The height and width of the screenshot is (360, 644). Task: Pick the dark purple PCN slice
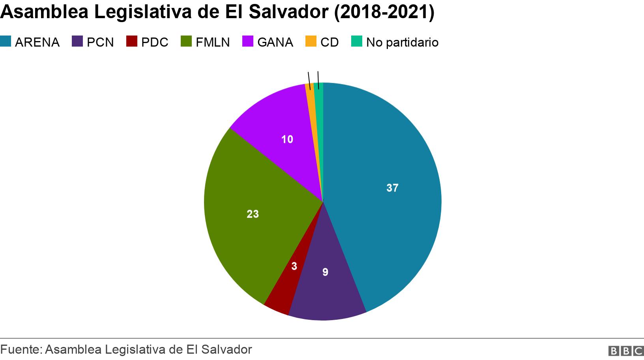[x=328, y=288]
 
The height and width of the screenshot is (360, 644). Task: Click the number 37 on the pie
[x=392, y=188]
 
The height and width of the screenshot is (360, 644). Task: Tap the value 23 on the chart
[x=253, y=214]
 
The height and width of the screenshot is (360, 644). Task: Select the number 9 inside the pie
[x=325, y=272]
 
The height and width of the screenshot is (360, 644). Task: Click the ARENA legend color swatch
[x=6, y=41]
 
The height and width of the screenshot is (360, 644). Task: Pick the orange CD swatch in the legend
[x=311, y=41]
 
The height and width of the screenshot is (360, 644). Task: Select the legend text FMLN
[x=213, y=42]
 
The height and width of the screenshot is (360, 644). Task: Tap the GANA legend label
[x=275, y=42]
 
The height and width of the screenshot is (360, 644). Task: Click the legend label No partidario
[x=402, y=42]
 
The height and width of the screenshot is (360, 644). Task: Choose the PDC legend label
[x=155, y=42]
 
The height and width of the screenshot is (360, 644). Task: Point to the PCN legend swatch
[x=77, y=41]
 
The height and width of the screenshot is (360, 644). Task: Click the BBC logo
[x=626, y=351]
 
